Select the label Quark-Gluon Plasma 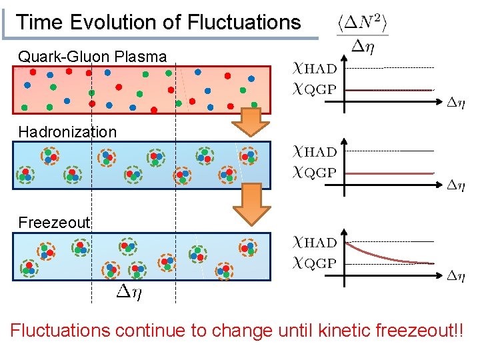93,57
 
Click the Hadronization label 67,131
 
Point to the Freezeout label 54,222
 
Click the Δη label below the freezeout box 133,291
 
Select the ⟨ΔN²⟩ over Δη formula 363,34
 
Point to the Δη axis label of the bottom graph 456,275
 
